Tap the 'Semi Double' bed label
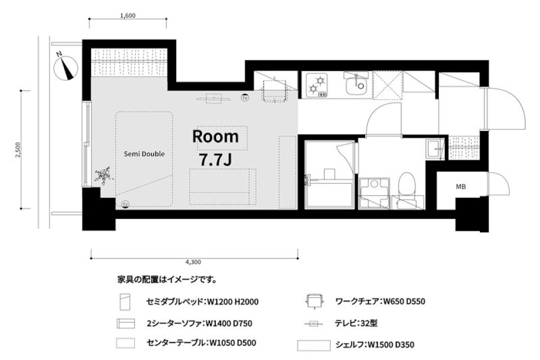click(145, 154)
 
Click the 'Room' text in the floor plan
click(215, 136)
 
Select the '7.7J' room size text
click(215, 159)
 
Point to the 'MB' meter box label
click(461, 187)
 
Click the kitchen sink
click(355, 85)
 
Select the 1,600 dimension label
click(128, 16)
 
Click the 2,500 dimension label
click(18, 150)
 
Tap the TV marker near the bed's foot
click(125, 204)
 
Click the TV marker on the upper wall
click(245, 98)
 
